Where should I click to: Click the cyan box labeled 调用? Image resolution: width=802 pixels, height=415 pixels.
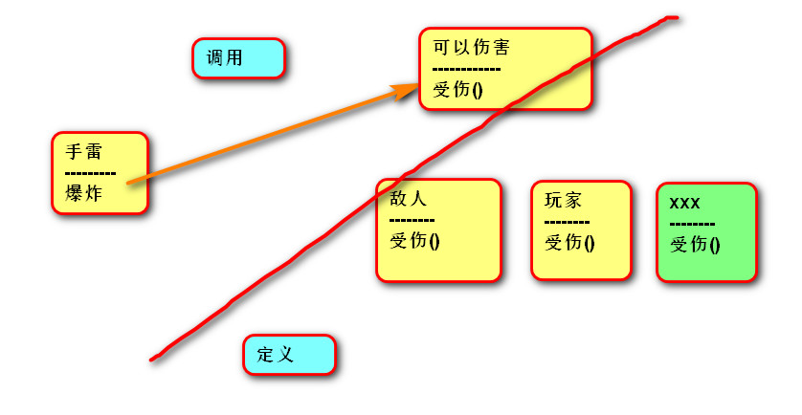239,58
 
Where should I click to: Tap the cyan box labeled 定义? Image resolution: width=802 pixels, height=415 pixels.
289,355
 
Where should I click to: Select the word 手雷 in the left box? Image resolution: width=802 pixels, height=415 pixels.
83,152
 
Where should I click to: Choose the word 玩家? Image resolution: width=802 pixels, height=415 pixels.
563,201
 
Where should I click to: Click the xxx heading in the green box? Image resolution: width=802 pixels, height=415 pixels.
685,203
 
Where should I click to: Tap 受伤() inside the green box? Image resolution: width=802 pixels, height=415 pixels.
695,244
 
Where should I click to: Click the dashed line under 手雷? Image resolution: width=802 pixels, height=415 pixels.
91,173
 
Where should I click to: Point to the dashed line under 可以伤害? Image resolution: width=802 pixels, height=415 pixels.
466,69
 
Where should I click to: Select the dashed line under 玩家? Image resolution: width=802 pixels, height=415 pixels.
567,222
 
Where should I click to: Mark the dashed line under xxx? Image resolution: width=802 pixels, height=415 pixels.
692,224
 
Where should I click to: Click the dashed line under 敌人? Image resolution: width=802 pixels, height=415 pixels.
412,220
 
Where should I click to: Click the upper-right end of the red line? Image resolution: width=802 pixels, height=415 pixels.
674,17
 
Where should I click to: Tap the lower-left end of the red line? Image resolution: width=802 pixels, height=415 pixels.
152,359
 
